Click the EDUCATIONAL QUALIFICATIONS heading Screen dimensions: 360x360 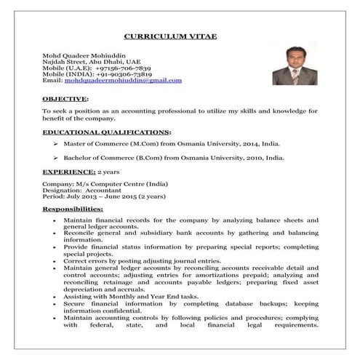coord(107,132)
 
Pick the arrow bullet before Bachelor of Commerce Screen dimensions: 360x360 coord(56,157)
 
